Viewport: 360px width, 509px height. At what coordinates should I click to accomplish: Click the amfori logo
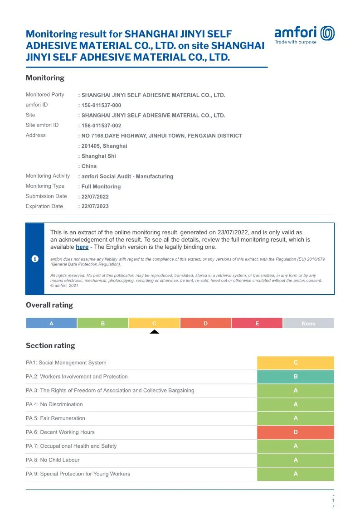click(304, 34)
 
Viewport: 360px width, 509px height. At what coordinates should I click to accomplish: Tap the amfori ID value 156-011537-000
click(101, 105)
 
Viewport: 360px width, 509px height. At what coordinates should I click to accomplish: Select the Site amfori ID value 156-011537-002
click(101, 126)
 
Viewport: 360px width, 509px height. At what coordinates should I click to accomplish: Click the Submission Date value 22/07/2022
click(95, 197)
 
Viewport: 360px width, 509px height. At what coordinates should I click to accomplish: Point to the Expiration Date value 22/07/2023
click(95, 206)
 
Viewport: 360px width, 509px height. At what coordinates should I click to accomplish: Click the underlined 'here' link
click(82, 247)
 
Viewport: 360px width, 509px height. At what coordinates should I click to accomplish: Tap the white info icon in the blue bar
click(35, 259)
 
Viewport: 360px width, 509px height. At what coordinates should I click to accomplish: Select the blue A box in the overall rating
click(51, 323)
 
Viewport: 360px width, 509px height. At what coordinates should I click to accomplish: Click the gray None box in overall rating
click(308, 323)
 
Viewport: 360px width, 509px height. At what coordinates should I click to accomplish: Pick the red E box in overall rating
click(257, 323)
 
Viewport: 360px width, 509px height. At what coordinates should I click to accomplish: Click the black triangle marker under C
click(154, 332)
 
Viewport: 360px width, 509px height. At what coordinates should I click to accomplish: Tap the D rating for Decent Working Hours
click(296, 432)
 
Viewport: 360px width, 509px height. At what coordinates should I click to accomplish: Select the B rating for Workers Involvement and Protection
click(296, 377)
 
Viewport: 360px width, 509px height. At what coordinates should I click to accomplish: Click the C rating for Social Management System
click(296, 363)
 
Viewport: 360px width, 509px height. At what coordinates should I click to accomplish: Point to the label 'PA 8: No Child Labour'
click(53, 460)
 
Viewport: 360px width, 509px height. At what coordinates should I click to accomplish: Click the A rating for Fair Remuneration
click(296, 418)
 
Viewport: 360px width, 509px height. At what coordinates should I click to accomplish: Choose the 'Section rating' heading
click(50, 345)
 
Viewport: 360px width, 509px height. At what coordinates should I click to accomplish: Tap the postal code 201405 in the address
click(92, 146)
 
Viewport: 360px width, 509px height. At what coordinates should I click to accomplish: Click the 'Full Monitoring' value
click(101, 186)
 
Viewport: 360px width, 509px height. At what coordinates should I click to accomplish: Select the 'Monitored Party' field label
click(45, 95)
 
